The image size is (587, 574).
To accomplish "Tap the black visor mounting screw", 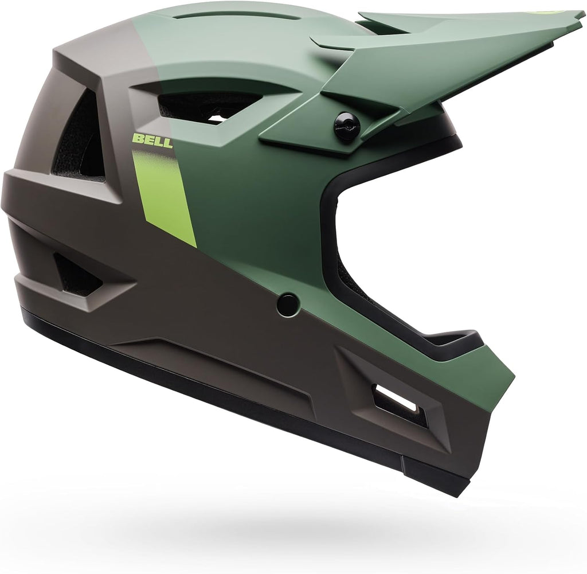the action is point(347,126).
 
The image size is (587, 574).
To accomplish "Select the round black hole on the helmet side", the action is point(289,303).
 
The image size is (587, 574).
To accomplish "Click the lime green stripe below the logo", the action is point(165,195).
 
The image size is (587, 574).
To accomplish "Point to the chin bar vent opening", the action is point(398,406).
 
